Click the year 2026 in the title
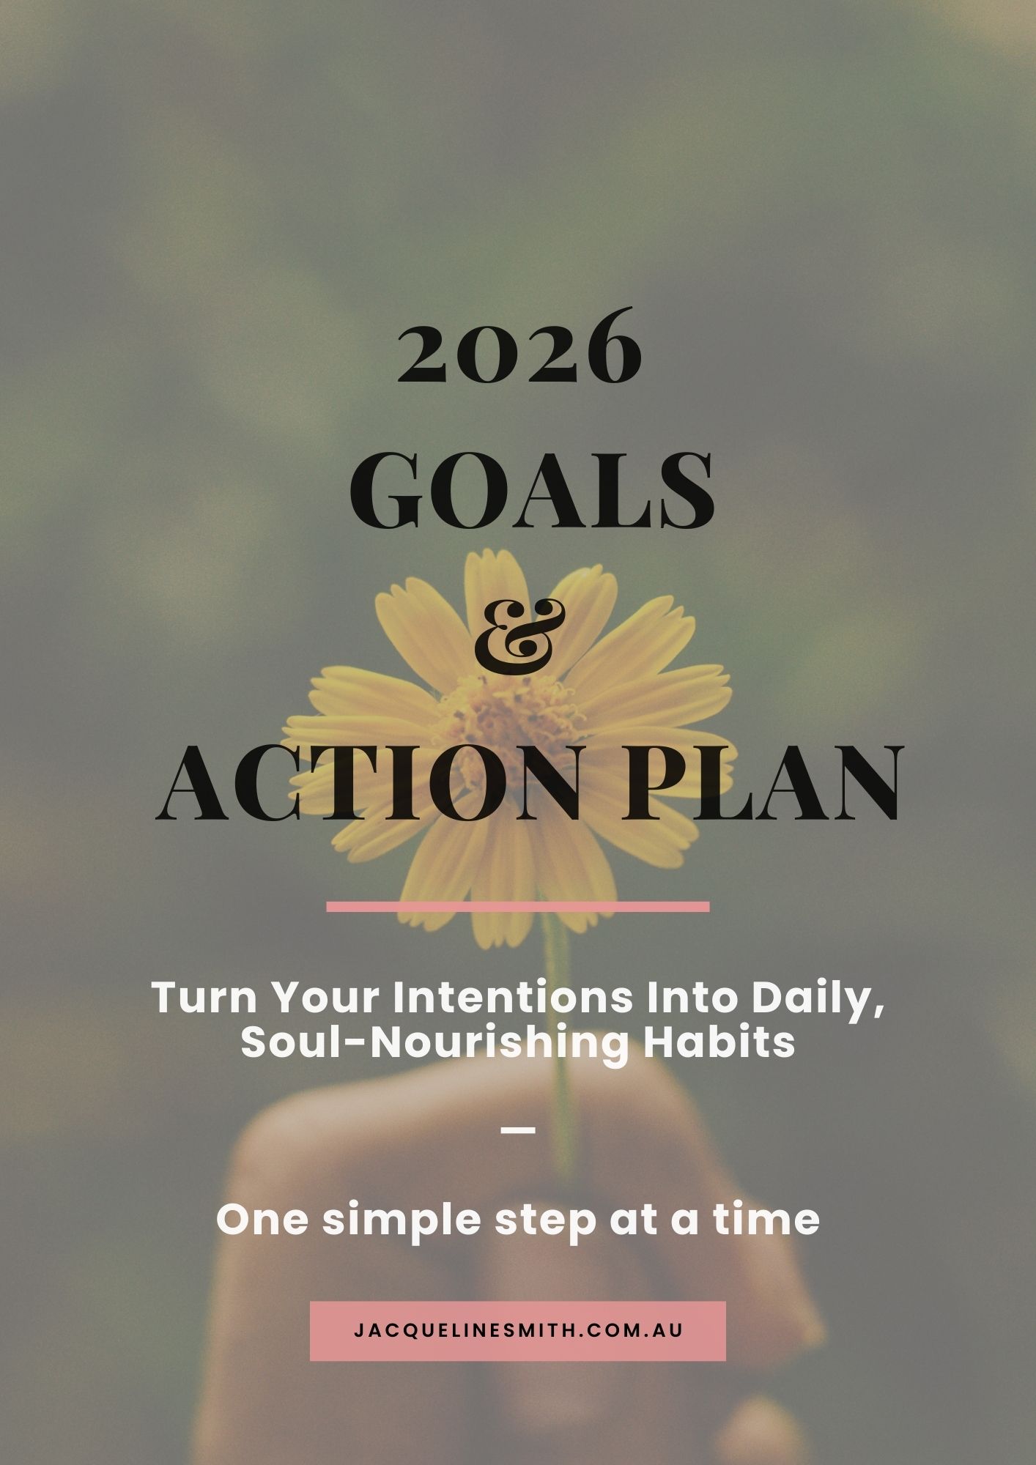519,346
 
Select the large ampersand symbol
520,635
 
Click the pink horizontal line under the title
518,907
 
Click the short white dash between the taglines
518,1130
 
